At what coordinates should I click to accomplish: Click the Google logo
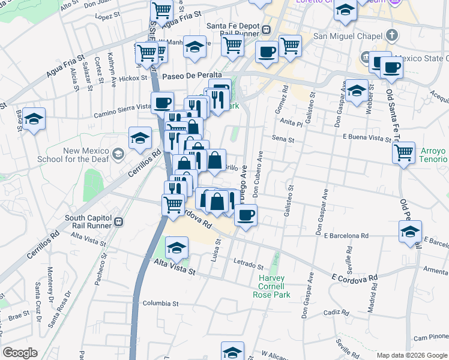tap(20, 353)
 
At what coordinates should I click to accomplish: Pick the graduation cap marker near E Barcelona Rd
tap(411, 230)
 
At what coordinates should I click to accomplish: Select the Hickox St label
tap(133, 78)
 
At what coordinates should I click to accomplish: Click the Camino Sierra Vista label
tap(122, 107)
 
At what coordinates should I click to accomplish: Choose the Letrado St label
tap(248, 263)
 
